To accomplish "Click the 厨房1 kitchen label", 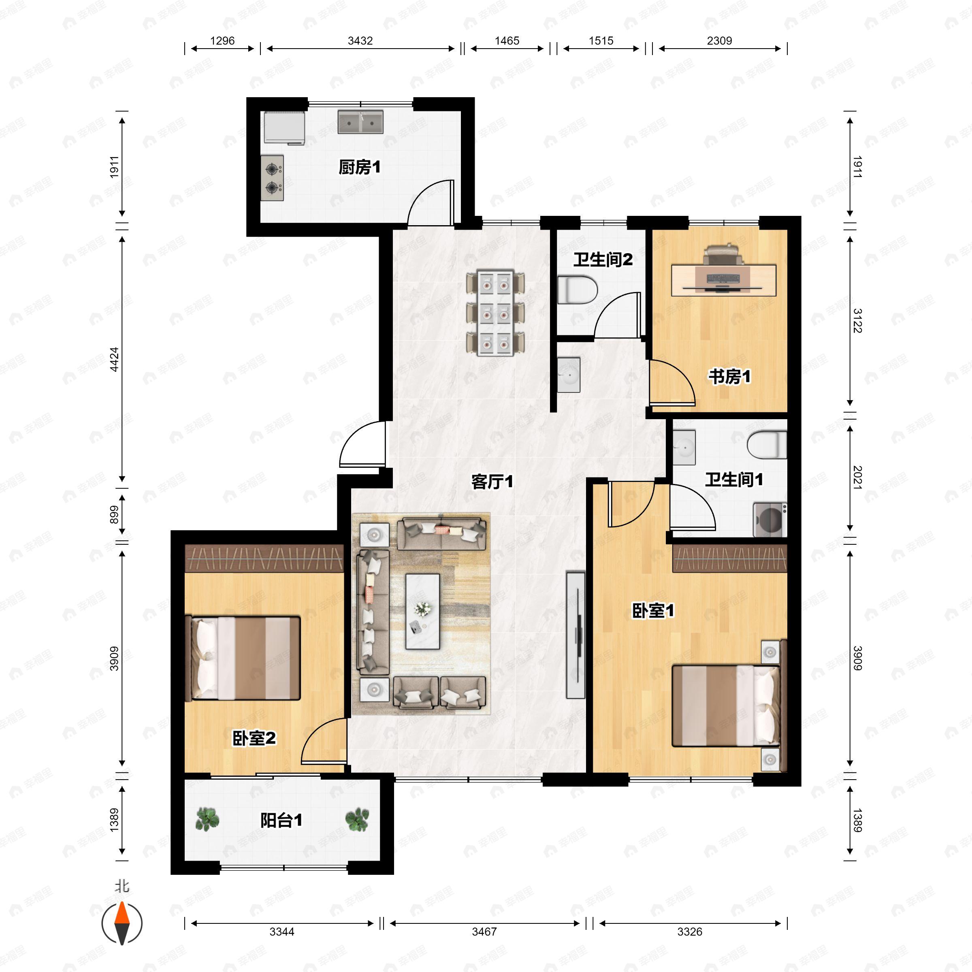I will (359, 167).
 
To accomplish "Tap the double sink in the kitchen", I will (360, 122).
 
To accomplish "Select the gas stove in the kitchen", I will (272, 178).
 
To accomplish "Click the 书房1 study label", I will (729, 376).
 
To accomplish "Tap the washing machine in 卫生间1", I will (769, 519).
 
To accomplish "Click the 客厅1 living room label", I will (492, 482).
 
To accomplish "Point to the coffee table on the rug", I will (422, 611).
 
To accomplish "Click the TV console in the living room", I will (576, 635).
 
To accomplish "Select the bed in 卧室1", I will (727, 706).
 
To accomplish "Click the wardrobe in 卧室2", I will (264, 558).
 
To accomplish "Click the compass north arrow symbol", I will (122, 923).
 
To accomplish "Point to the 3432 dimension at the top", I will (360, 41).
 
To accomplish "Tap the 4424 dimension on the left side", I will (114, 359).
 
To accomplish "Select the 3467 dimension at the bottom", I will (484, 931).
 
